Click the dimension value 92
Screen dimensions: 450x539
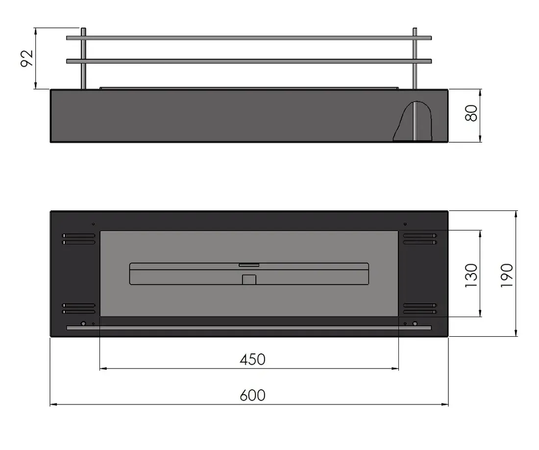pyautogui.click(x=27, y=58)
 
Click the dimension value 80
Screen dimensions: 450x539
pyautogui.click(x=471, y=114)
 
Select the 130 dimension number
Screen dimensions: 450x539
pyautogui.click(x=471, y=275)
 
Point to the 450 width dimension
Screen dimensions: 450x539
pyautogui.click(x=252, y=359)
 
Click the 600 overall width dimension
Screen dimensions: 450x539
pyautogui.click(x=252, y=395)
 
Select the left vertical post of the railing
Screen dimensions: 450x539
pyautogui.click(x=83, y=59)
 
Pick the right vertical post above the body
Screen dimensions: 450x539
pyautogui.click(x=415, y=59)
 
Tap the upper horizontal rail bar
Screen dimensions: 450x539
pyautogui.click(x=249, y=38)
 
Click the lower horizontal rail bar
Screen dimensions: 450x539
pyautogui.click(x=249, y=61)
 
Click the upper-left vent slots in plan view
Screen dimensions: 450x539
pyautogui.click(x=78, y=239)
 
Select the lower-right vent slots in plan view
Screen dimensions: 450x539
pyautogui.click(x=420, y=308)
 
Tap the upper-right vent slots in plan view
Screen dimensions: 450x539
pyautogui.click(x=420, y=239)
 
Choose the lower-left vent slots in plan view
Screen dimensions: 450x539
pyautogui.click(x=78, y=308)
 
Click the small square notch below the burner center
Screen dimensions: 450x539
pyautogui.click(x=249, y=279)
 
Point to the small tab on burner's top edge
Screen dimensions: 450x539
pyautogui.click(x=249, y=265)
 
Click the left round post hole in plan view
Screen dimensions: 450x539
pyautogui.click(x=83, y=324)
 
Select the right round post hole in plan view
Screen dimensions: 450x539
pyautogui.click(x=415, y=324)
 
